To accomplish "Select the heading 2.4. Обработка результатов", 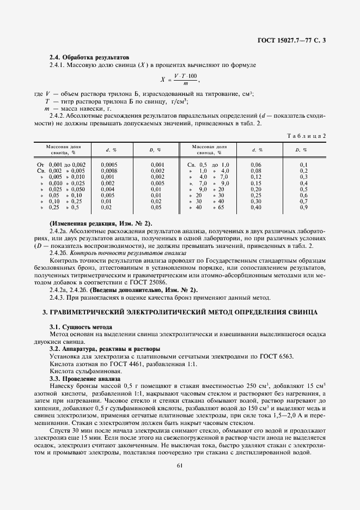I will pyautogui.click(x=89, y=57).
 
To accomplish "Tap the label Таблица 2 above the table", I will pyautogui.click(x=306, y=135).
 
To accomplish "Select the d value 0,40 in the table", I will pyautogui.click(x=256, y=207).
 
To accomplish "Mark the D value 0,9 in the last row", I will pyautogui.click(x=304, y=207).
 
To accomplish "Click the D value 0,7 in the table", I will pyautogui.click(x=304, y=201).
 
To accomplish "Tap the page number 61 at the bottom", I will pyautogui.click(x=180, y=465).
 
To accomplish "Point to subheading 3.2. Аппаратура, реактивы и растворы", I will pyautogui.click(x=105, y=349).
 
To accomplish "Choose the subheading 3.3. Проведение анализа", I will pyautogui.click(x=84, y=378).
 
